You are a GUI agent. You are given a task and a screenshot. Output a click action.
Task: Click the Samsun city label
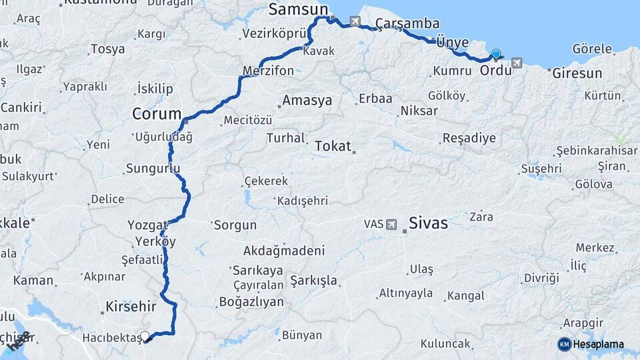[x=299, y=9]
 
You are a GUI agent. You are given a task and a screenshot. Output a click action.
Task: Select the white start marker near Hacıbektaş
[x=145, y=336]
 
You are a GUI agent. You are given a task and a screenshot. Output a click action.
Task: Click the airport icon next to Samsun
[x=354, y=21]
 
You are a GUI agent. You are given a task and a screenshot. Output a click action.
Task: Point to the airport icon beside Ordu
[x=515, y=63]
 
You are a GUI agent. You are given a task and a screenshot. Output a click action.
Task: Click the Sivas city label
[x=428, y=223]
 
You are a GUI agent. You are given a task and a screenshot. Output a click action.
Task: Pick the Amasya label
[x=307, y=101]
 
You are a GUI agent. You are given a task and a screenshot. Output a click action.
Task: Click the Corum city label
[x=157, y=114]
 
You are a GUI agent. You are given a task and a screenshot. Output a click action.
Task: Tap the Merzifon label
[x=269, y=71]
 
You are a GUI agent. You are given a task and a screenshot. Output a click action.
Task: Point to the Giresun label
[x=577, y=73]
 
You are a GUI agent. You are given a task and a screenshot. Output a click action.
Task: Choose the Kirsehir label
[x=131, y=307]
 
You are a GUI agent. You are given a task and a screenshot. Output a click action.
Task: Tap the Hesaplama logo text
[x=599, y=344]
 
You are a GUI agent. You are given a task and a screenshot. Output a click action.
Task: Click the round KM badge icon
[x=564, y=344]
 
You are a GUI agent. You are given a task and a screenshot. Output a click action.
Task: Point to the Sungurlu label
[x=153, y=169]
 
